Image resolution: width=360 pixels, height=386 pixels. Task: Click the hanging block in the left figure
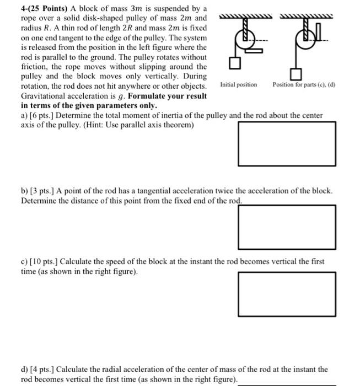point(235,65)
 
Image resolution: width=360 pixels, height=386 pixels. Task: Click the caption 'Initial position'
point(238,84)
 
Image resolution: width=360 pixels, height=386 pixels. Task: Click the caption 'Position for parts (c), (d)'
point(304,84)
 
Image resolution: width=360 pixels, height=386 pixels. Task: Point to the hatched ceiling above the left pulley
point(245,19)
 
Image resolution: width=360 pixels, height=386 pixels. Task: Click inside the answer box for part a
point(287,143)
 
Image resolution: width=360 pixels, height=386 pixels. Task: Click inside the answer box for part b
point(287,227)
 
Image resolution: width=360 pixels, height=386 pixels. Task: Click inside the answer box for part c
point(287,293)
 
